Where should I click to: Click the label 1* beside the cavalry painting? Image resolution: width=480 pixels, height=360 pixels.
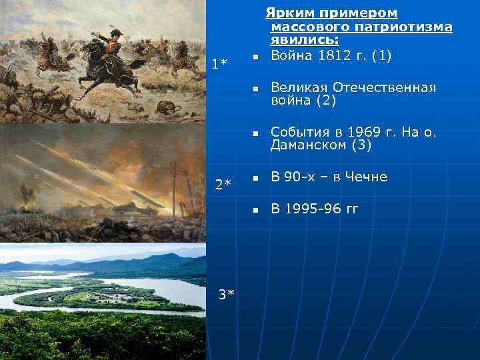(219, 64)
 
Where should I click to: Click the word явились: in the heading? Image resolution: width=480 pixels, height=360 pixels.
(305, 41)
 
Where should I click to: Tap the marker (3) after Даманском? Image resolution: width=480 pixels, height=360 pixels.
(361, 145)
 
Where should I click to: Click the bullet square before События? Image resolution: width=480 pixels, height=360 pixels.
(255, 135)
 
